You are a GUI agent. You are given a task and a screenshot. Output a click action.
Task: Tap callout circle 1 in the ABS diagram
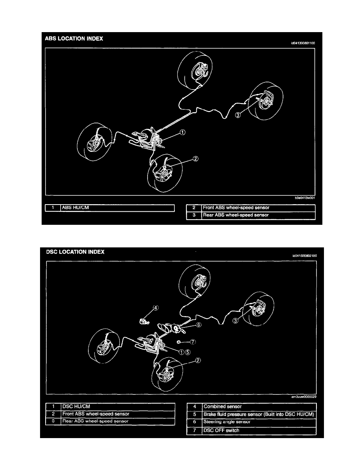pyautogui.click(x=182, y=133)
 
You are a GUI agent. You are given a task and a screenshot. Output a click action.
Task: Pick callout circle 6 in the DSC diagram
pyautogui.click(x=199, y=325)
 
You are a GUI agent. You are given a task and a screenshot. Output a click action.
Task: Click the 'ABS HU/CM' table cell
pyautogui.click(x=117, y=207)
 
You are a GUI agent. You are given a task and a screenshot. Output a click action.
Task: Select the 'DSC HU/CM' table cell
pyautogui.click(x=117, y=406)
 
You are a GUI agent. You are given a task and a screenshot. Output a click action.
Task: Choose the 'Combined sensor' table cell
pyautogui.click(x=259, y=406)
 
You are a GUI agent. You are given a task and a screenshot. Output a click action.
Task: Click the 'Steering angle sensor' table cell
pyautogui.click(x=259, y=422)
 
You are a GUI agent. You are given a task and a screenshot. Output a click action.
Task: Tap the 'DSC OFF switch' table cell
pyautogui.click(x=259, y=430)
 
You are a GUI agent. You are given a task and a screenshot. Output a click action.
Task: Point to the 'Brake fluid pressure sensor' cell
pyautogui.click(x=259, y=414)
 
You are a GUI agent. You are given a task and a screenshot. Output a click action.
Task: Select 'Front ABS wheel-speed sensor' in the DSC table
pyautogui.click(x=117, y=414)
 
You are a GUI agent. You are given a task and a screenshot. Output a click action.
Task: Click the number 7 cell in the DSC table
pyautogui.click(x=194, y=430)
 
